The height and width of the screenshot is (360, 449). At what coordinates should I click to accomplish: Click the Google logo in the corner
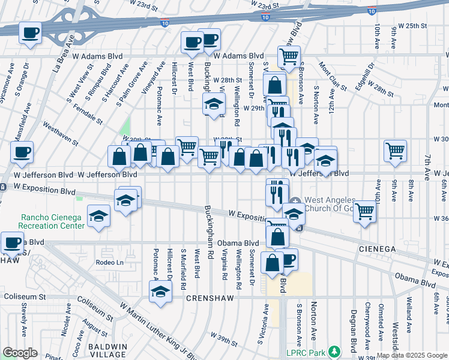coord(20,353)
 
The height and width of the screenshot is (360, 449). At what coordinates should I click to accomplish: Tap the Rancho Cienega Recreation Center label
coord(51,221)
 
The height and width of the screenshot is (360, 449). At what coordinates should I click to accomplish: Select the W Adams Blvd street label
coord(238,56)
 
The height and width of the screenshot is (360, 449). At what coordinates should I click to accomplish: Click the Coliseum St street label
coord(25,296)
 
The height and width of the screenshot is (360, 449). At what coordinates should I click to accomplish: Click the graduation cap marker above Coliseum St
coord(160,292)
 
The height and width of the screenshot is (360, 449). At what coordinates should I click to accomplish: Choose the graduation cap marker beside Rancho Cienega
coord(98,217)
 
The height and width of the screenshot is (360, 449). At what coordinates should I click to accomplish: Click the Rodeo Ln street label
coord(110,262)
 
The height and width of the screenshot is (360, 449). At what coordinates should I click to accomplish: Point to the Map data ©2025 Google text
coord(412,355)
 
